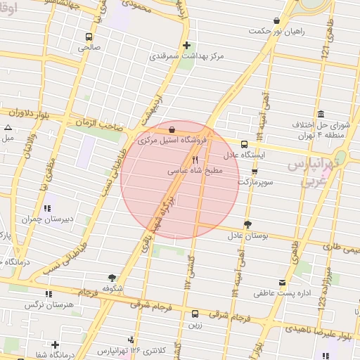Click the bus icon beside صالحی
pyautogui.click(x=89, y=37)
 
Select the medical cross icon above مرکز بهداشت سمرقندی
pyautogui.click(x=186, y=46)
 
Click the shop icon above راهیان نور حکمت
pyautogui.click(x=276, y=21)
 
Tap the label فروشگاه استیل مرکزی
pyautogui.click(x=172, y=141)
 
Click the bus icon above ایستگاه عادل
pyautogui.click(x=244, y=143)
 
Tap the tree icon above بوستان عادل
pyautogui.click(x=247, y=224)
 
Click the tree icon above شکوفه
pyautogui.click(x=112, y=278)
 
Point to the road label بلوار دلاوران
pyautogui.click(x=30, y=112)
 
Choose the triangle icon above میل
pyautogui.click(x=8, y=127)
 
